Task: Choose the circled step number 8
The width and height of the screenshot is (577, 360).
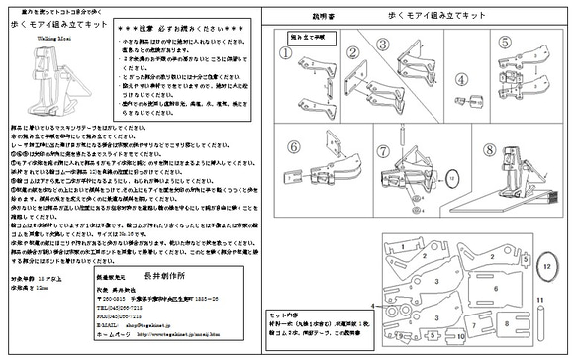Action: (x=460, y=151)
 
